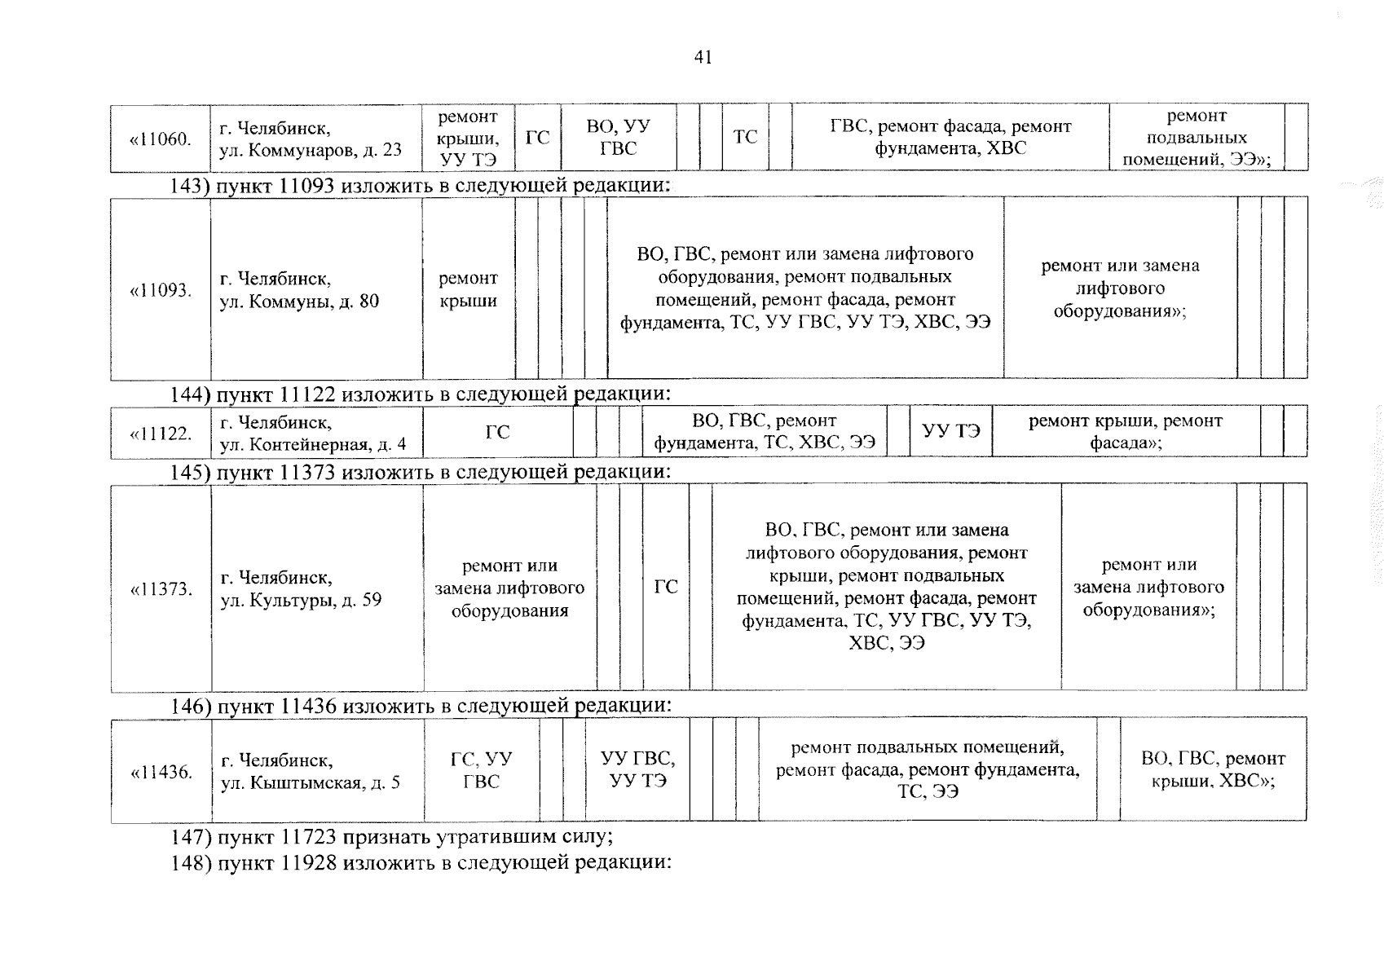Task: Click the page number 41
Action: coord(703,57)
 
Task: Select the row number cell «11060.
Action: coord(161,139)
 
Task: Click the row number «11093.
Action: coord(161,290)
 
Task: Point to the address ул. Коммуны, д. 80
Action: coord(299,290)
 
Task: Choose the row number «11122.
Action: coord(161,433)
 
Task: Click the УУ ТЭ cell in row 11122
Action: coord(950,431)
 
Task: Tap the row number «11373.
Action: coord(161,588)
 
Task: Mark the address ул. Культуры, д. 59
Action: coord(301,589)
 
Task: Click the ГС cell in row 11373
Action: coord(666,587)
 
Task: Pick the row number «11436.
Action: coord(161,772)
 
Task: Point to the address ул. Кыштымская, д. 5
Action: coord(311,772)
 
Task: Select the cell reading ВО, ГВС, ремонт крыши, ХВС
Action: coord(1213,770)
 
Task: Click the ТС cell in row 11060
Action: coord(745,137)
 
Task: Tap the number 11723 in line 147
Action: coord(308,837)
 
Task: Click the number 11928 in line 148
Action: coord(308,863)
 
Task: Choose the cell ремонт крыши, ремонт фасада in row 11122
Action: coord(1125,432)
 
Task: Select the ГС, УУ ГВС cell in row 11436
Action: coord(481,770)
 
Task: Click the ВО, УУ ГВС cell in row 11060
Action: coord(618,137)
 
